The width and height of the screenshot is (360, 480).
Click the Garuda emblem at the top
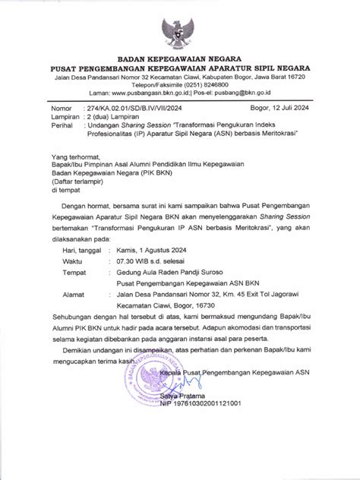[x=180, y=29]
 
